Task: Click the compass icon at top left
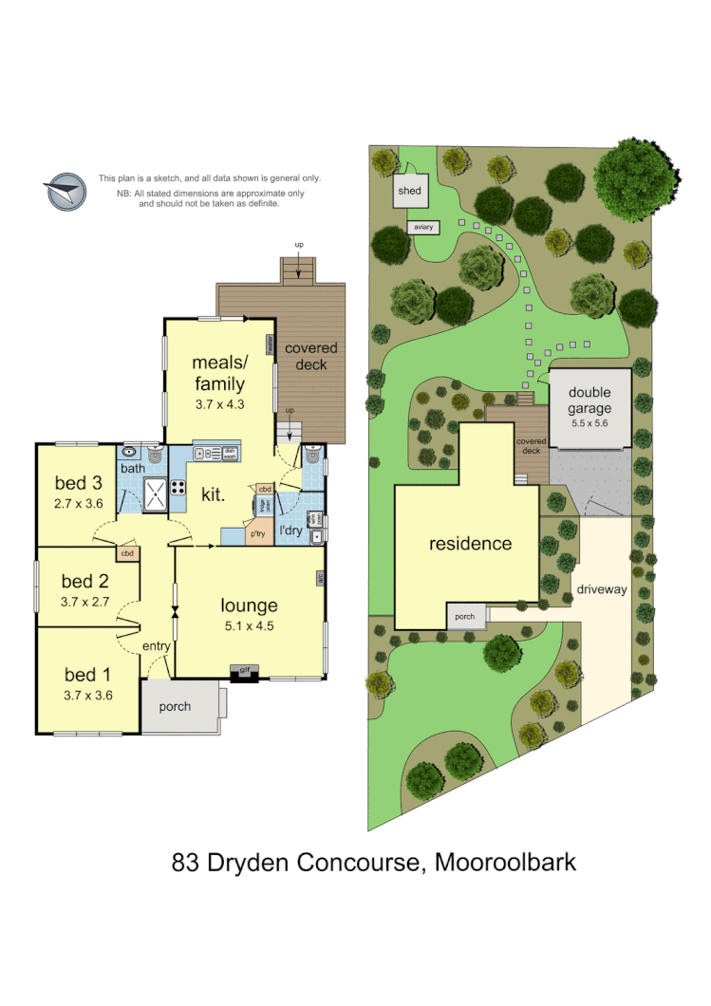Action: click(66, 192)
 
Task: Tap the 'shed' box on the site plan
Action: click(410, 191)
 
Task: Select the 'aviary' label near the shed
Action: click(423, 227)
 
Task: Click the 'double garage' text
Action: click(590, 401)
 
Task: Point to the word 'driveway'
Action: click(602, 589)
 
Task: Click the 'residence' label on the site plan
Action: click(470, 544)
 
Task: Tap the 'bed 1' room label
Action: click(87, 675)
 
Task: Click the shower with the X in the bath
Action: click(153, 490)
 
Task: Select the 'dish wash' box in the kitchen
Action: click(229, 454)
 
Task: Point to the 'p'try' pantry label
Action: click(257, 533)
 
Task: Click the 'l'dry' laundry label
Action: click(290, 531)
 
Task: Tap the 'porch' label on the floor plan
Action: click(175, 706)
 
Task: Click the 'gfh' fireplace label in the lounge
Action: click(244, 671)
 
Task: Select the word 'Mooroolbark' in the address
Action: click(505, 863)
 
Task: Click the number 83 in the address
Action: click(184, 863)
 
